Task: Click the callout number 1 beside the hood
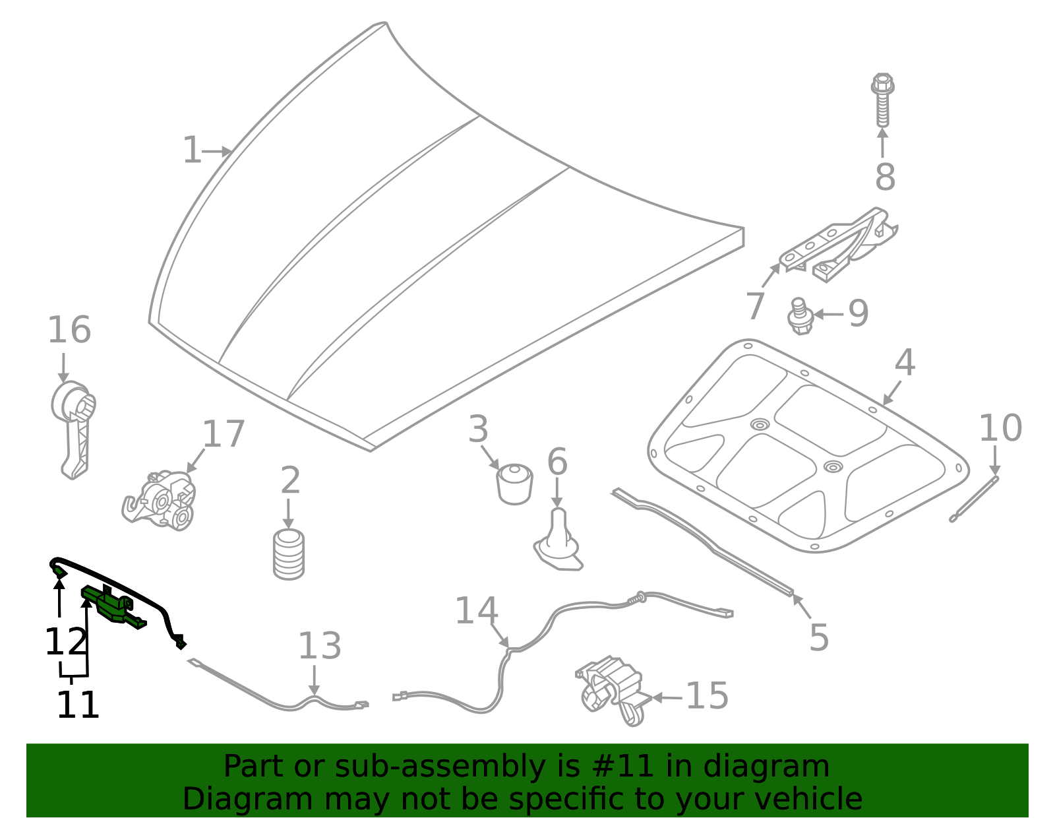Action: coord(191,151)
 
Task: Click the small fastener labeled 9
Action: coord(800,317)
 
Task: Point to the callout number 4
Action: coord(905,364)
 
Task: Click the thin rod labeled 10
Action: coord(974,499)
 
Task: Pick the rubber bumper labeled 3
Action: coord(514,484)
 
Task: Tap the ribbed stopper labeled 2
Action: coord(289,554)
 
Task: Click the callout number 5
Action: coord(818,638)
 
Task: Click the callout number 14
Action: coord(476,612)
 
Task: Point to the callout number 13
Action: coord(319,647)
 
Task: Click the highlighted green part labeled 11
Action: coord(112,604)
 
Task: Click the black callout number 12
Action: coord(65,642)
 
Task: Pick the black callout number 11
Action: coord(78,705)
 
